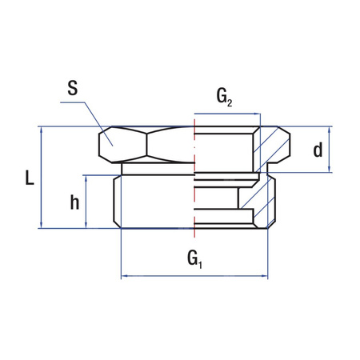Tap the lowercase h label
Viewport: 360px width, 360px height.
[x=74, y=202]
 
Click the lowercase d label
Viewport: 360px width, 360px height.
[x=318, y=150]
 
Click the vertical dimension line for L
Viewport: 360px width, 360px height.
[x=42, y=178]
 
